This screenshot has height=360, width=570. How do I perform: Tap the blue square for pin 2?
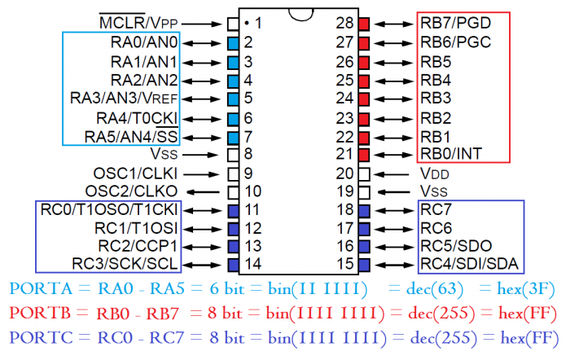tap(233, 42)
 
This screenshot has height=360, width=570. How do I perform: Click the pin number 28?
tap(344, 23)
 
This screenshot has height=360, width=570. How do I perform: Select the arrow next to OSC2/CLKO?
tap(207, 192)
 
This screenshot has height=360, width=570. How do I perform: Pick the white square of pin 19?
tap(364, 192)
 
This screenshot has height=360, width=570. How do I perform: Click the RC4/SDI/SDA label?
tap(470, 265)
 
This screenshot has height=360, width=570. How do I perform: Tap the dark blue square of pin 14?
tap(233, 265)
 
